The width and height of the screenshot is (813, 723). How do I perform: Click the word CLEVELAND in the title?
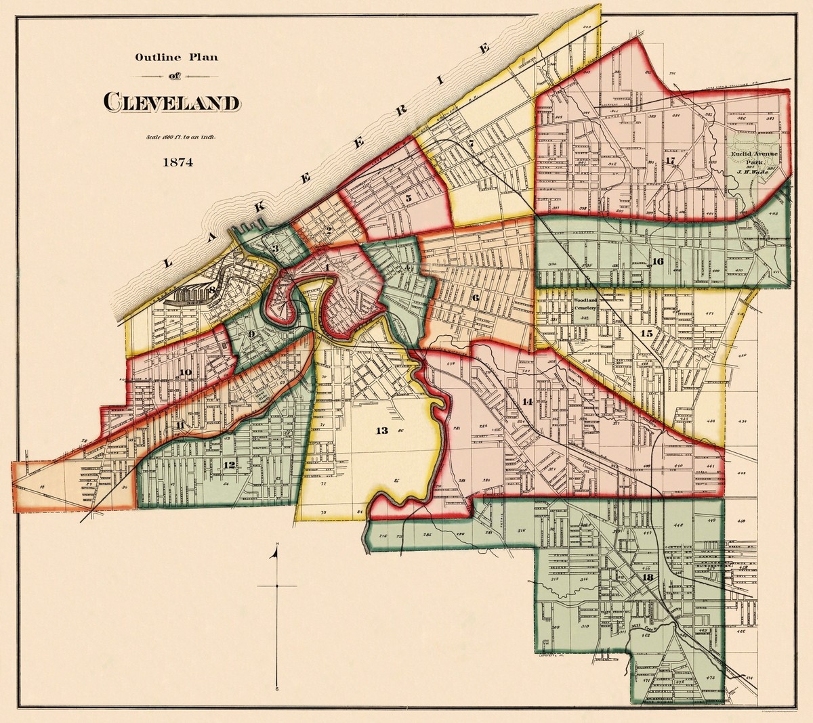pos(171,102)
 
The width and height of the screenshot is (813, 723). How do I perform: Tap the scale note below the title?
pos(180,137)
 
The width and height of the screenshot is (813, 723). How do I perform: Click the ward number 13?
pos(382,431)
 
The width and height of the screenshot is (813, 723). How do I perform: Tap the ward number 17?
pos(671,160)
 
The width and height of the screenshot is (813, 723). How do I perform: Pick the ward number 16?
pos(656,261)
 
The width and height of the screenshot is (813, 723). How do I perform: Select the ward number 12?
pos(229,465)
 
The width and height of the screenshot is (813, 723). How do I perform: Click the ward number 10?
pos(185,372)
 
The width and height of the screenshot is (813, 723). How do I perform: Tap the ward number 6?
pos(475,297)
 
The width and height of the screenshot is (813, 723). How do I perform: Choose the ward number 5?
pos(409,198)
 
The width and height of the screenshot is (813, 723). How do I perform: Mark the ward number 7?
pos(470,144)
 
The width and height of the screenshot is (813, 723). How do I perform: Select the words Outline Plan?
pos(176,58)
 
